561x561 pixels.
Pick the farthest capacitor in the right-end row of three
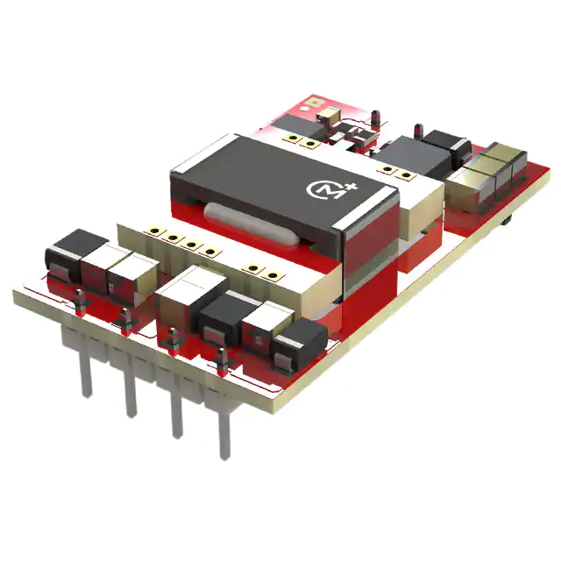506,155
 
